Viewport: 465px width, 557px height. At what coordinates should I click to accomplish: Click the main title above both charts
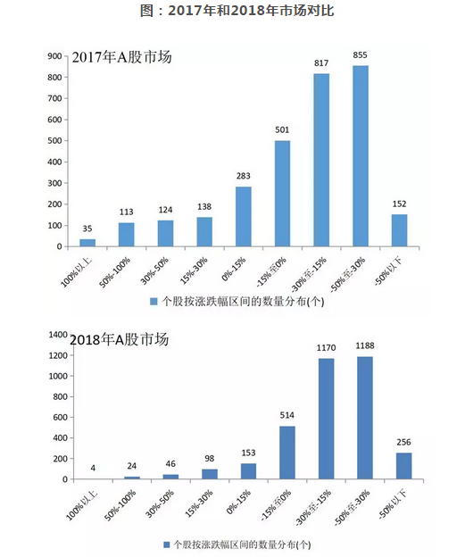click(237, 11)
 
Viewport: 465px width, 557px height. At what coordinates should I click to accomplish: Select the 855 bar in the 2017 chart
click(361, 156)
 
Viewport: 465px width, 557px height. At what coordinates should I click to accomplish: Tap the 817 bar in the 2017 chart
click(321, 160)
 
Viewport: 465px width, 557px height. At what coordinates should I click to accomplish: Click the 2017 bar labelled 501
click(282, 194)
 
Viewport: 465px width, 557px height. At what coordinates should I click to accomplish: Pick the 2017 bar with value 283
click(244, 216)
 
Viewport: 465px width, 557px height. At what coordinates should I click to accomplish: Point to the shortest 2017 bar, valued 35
click(87, 243)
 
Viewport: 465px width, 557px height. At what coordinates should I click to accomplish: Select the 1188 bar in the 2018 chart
click(365, 418)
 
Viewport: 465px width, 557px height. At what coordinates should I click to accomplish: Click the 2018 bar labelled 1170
click(326, 419)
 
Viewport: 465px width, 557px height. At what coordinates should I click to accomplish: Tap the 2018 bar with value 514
click(287, 453)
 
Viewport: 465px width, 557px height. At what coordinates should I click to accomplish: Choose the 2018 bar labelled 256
click(404, 466)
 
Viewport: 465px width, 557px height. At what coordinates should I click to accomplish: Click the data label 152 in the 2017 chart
click(399, 204)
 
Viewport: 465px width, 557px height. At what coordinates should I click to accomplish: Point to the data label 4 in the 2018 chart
click(93, 468)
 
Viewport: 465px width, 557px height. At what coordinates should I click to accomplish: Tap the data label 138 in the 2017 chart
click(204, 207)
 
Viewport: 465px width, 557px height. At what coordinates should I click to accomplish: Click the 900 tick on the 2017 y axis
click(54, 56)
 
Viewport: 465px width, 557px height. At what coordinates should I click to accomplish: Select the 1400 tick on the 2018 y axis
click(58, 335)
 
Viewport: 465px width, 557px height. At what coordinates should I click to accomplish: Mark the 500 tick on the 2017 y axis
click(54, 141)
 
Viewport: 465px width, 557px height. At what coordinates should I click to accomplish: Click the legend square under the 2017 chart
click(154, 302)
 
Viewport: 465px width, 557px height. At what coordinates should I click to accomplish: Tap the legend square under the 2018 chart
click(166, 545)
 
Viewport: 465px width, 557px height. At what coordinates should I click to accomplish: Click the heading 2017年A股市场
click(122, 57)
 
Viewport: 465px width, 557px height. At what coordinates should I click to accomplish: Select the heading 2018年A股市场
click(119, 339)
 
